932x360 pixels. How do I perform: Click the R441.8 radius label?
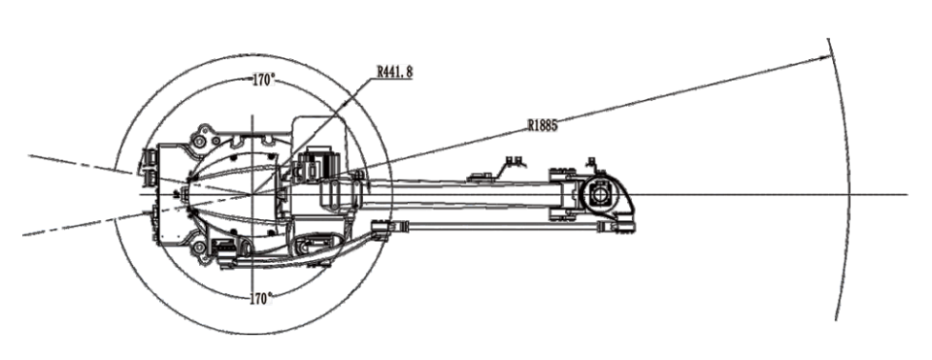(x=395, y=71)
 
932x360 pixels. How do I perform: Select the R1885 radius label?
(x=547, y=124)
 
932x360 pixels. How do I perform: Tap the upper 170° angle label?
(x=263, y=82)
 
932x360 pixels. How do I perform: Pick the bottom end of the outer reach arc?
(x=835, y=317)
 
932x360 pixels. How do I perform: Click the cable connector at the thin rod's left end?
(x=385, y=229)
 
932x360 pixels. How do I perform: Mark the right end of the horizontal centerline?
(x=907, y=194)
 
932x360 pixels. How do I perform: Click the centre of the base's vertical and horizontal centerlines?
(x=252, y=194)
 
